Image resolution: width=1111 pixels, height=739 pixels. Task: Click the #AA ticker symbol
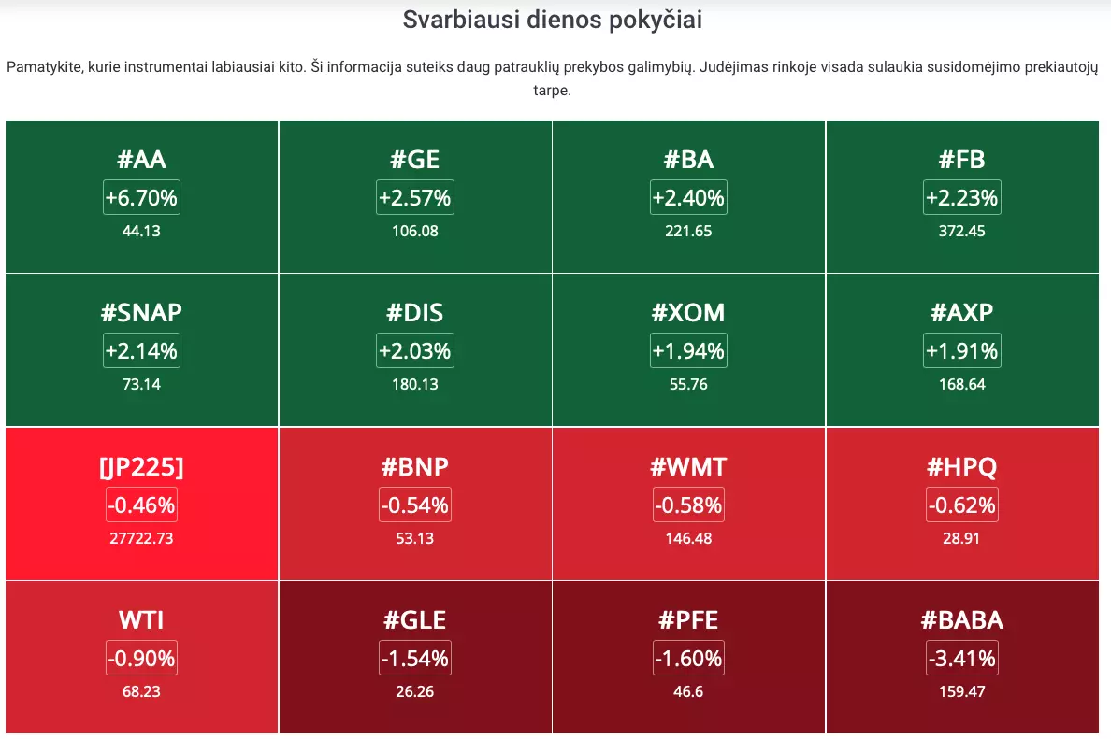pyautogui.click(x=142, y=159)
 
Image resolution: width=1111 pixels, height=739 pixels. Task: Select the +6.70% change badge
pyautogui.click(x=142, y=197)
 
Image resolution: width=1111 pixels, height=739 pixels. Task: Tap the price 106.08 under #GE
pyautogui.click(x=415, y=231)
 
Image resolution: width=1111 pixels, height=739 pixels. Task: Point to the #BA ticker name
pyautogui.click(x=688, y=159)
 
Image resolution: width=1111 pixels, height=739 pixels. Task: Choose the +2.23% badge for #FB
pyautogui.click(x=962, y=197)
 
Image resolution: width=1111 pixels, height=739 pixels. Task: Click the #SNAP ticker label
pyautogui.click(x=142, y=312)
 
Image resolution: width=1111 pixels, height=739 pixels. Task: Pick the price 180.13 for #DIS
pyautogui.click(x=415, y=384)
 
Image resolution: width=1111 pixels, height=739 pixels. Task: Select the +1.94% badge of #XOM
pyautogui.click(x=688, y=351)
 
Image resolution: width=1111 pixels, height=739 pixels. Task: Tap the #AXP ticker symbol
pyautogui.click(x=962, y=312)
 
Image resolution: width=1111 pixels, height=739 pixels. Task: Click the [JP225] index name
pyautogui.click(x=142, y=466)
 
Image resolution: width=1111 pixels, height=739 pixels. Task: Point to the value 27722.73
pyautogui.click(x=142, y=538)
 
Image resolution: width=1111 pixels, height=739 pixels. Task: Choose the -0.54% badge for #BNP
pyautogui.click(x=415, y=505)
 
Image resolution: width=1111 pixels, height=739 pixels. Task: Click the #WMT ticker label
pyautogui.click(x=688, y=466)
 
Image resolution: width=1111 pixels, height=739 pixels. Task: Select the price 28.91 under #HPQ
pyautogui.click(x=961, y=538)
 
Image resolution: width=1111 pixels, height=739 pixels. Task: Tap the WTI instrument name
pyautogui.click(x=142, y=620)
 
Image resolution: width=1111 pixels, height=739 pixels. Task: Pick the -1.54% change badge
pyautogui.click(x=415, y=659)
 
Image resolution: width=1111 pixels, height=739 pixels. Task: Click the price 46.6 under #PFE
pyautogui.click(x=688, y=691)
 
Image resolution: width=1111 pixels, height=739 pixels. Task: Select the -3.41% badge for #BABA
pyautogui.click(x=962, y=659)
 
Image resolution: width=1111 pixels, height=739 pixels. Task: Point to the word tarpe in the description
pyautogui.click(x=551, y=91)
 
